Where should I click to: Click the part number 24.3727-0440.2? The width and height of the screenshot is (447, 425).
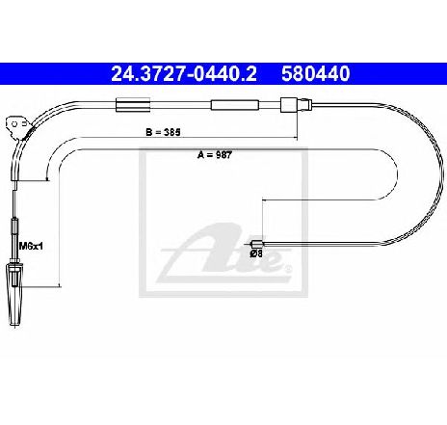pyautogui.click(x=184, y=73)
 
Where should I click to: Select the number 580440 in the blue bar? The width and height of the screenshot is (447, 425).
pyautogui.click(x=315, y=73)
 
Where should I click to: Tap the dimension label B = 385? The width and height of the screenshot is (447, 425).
pyautogui.click(x=163, y=132)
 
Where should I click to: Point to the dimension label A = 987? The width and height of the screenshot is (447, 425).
pyautogui.click(x=215, y=155)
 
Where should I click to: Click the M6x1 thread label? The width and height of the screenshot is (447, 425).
pyautogui.click(x=31, y=247)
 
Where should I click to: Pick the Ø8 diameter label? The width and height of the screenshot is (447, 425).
pyautogui.click(x=256, y=253)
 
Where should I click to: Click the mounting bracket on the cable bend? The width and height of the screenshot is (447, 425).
pyautogui.click(x=18, y=127)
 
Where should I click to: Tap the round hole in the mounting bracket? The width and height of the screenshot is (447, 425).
pyautogui.click(x=14, y=124)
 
